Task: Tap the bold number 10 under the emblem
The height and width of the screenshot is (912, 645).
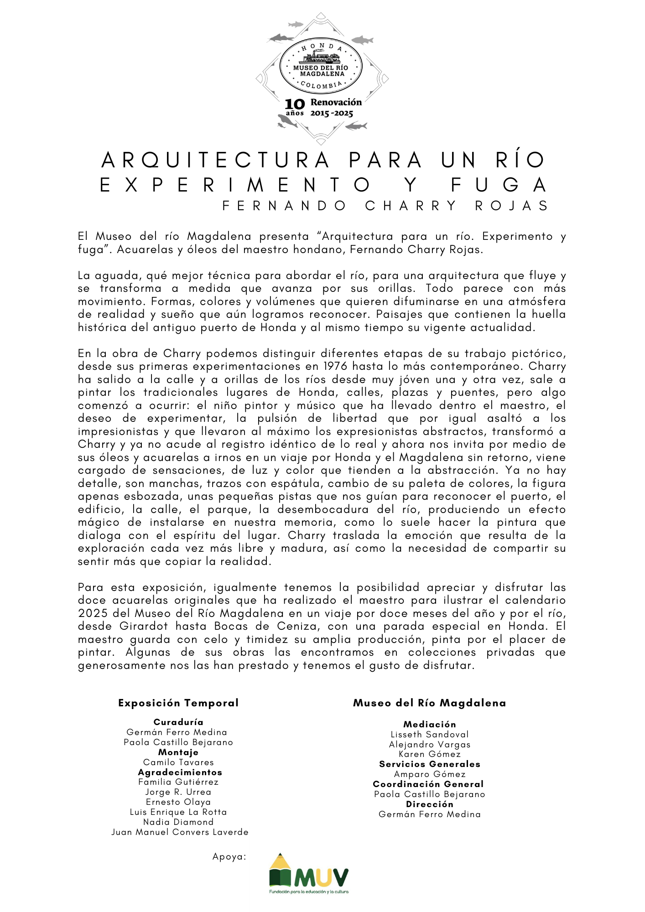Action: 294,104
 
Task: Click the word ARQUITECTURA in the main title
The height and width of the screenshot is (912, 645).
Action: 216,160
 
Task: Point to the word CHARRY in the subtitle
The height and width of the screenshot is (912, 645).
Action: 411,206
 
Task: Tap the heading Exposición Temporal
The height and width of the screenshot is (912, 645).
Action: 178,703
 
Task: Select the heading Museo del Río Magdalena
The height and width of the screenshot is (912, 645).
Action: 429,703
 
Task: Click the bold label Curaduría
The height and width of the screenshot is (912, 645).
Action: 178,722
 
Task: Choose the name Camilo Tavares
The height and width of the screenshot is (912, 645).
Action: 178,762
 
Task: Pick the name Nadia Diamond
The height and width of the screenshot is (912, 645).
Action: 178,822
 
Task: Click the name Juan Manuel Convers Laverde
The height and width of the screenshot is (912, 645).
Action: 180,832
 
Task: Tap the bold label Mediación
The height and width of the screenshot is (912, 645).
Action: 430,725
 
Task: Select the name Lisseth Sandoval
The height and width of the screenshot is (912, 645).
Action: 430,735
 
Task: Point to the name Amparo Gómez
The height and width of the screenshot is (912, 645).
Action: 430,774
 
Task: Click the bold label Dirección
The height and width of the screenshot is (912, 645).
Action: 430,804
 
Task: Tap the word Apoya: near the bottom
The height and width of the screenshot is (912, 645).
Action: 229,857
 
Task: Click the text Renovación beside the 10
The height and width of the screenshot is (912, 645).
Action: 336,103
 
